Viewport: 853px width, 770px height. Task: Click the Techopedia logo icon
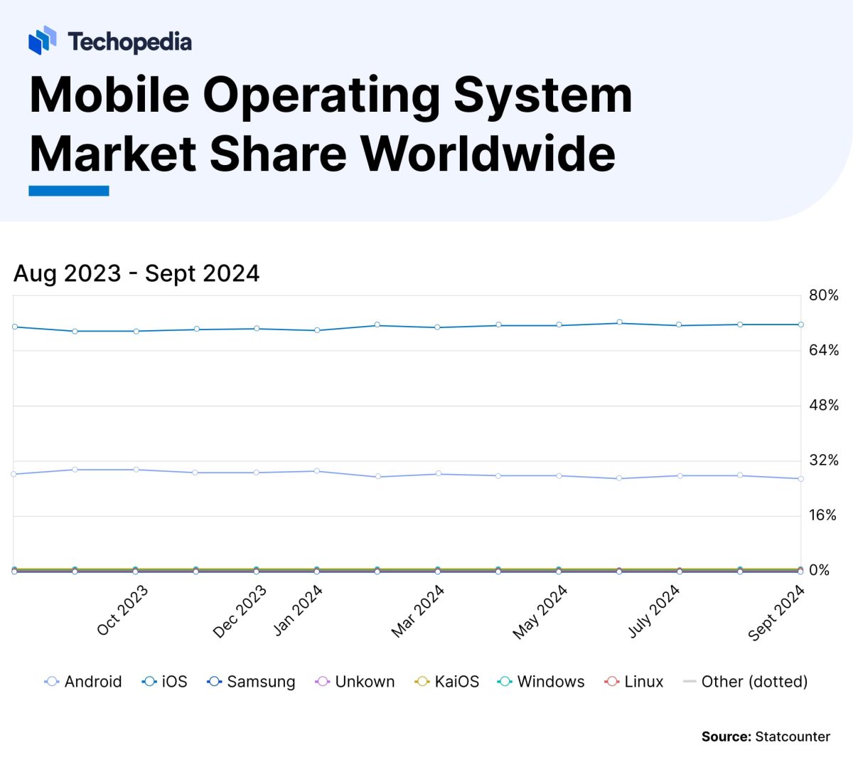coord(42,41)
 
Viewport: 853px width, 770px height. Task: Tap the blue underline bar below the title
coord(69,191)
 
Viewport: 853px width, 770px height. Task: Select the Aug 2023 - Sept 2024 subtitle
coord(136,273)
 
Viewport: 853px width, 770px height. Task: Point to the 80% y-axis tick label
coord(824,295)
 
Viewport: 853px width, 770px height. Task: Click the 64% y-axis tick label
coord(824,350)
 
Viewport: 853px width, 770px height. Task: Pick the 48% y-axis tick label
coord(824,406)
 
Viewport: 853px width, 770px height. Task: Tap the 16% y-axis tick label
coord(824,515)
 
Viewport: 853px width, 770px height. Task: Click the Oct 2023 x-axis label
coord(122,610)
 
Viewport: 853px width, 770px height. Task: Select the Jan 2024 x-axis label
coord(298,610)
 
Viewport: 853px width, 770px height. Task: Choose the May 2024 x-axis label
coord(540,611)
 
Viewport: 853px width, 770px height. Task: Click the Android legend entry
coord(84,682)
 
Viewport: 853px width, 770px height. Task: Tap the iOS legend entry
coord(166,682)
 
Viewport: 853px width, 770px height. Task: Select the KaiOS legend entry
coord(447,682)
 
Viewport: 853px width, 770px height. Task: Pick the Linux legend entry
coord(634,682)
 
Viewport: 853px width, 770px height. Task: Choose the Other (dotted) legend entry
coord(746,682)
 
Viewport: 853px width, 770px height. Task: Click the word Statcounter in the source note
coord(793,737)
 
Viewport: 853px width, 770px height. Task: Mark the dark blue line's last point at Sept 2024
coord(801,325)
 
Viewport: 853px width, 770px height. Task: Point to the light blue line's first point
coord(14,474)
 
